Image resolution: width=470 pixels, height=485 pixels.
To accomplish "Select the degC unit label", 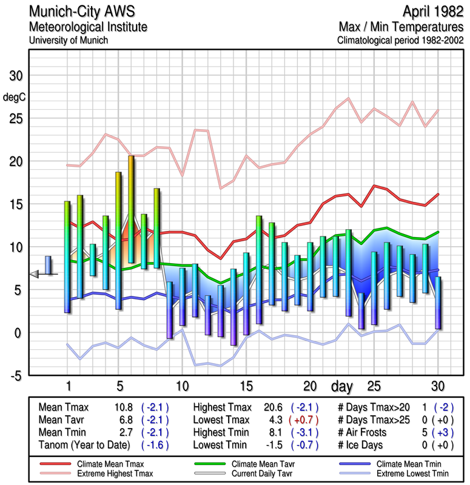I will pyautogui.click(x=13, y=96).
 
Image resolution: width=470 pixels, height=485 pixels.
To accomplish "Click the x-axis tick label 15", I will pyautogui.click(x=246, y=386).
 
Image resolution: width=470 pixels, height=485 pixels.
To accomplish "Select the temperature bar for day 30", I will pyautogui.click(x=438, y=303).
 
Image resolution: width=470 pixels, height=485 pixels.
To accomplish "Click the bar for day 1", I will pyautogui.click(x=67, y=257).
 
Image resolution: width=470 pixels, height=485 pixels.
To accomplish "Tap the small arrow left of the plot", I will pyautogui.click(x=33, y=274).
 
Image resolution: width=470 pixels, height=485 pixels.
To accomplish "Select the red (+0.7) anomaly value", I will pyautogui.click(x=305, y=420).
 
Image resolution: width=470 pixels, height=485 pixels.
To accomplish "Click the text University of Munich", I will pyautogui.click(x=69, y=40).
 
